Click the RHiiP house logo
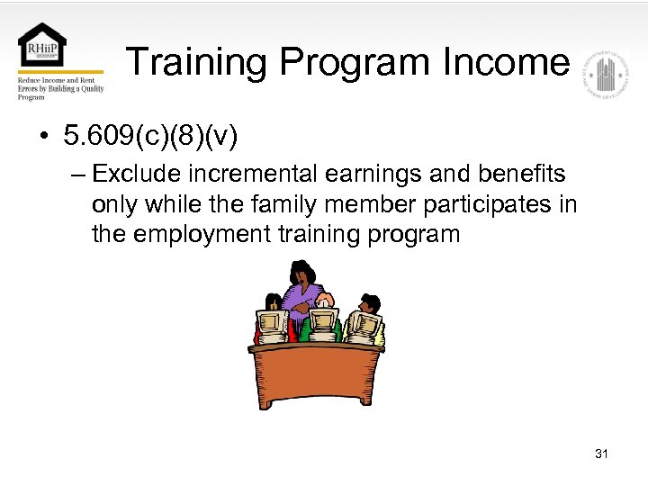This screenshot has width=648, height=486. pos(44,46)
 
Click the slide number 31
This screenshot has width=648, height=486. pos(601,454)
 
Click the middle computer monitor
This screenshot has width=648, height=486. pos(323,320)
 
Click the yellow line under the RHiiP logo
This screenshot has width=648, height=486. pos(60,72)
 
